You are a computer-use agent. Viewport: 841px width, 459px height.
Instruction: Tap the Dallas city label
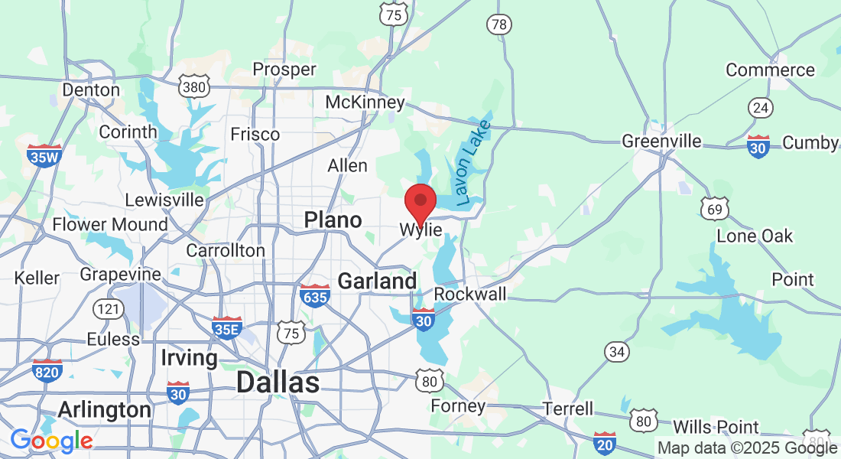coord(277,382)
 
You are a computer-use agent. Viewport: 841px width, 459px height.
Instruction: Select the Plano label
coord(333,220)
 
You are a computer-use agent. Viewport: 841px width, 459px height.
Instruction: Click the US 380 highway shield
coord(194,87)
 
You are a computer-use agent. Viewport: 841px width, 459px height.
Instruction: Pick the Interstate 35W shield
coord(44,155)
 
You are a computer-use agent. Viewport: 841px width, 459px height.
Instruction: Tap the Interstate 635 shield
coord(314,295)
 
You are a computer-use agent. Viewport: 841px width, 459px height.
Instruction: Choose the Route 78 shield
coord(498,24)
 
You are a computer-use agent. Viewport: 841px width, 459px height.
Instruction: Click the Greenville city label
coord(661,141)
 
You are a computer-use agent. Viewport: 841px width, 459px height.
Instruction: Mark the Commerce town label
coord(770,70)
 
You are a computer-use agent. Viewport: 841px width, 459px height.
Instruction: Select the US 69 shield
coord(715,208)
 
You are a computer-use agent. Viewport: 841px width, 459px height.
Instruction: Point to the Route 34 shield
coord(617,351)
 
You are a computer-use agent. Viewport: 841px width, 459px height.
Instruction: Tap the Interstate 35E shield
coord(226,327)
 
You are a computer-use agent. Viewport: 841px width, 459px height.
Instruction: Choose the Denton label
coord(91,90)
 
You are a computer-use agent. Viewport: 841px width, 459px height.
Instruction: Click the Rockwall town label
coord(470,295)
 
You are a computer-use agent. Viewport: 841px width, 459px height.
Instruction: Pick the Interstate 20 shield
coord(604,441)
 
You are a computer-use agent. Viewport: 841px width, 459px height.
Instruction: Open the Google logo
coord(51,441)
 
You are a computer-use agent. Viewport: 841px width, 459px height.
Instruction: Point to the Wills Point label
coord(716,427)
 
